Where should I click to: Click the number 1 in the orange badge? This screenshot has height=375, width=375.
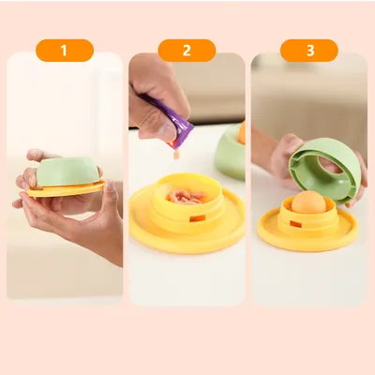64,51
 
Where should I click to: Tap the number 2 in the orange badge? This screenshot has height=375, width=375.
187,51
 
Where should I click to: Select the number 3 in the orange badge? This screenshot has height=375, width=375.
310,51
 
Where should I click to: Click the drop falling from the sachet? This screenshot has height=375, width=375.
177,155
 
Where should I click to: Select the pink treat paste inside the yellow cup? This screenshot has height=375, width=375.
187,197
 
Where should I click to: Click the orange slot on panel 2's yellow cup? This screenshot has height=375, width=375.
198,218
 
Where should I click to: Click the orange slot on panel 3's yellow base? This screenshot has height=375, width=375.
295,224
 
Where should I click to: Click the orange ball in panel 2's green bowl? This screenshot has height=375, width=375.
241,132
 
